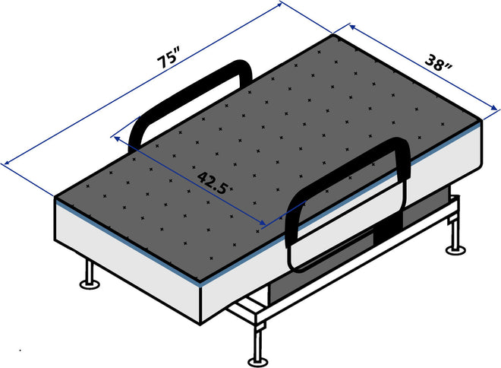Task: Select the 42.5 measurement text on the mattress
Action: point(213,182)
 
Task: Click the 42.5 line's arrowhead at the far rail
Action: point(115,138)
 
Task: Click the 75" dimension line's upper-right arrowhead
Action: point(282,5)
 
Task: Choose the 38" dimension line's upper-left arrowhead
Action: point(351,27)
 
